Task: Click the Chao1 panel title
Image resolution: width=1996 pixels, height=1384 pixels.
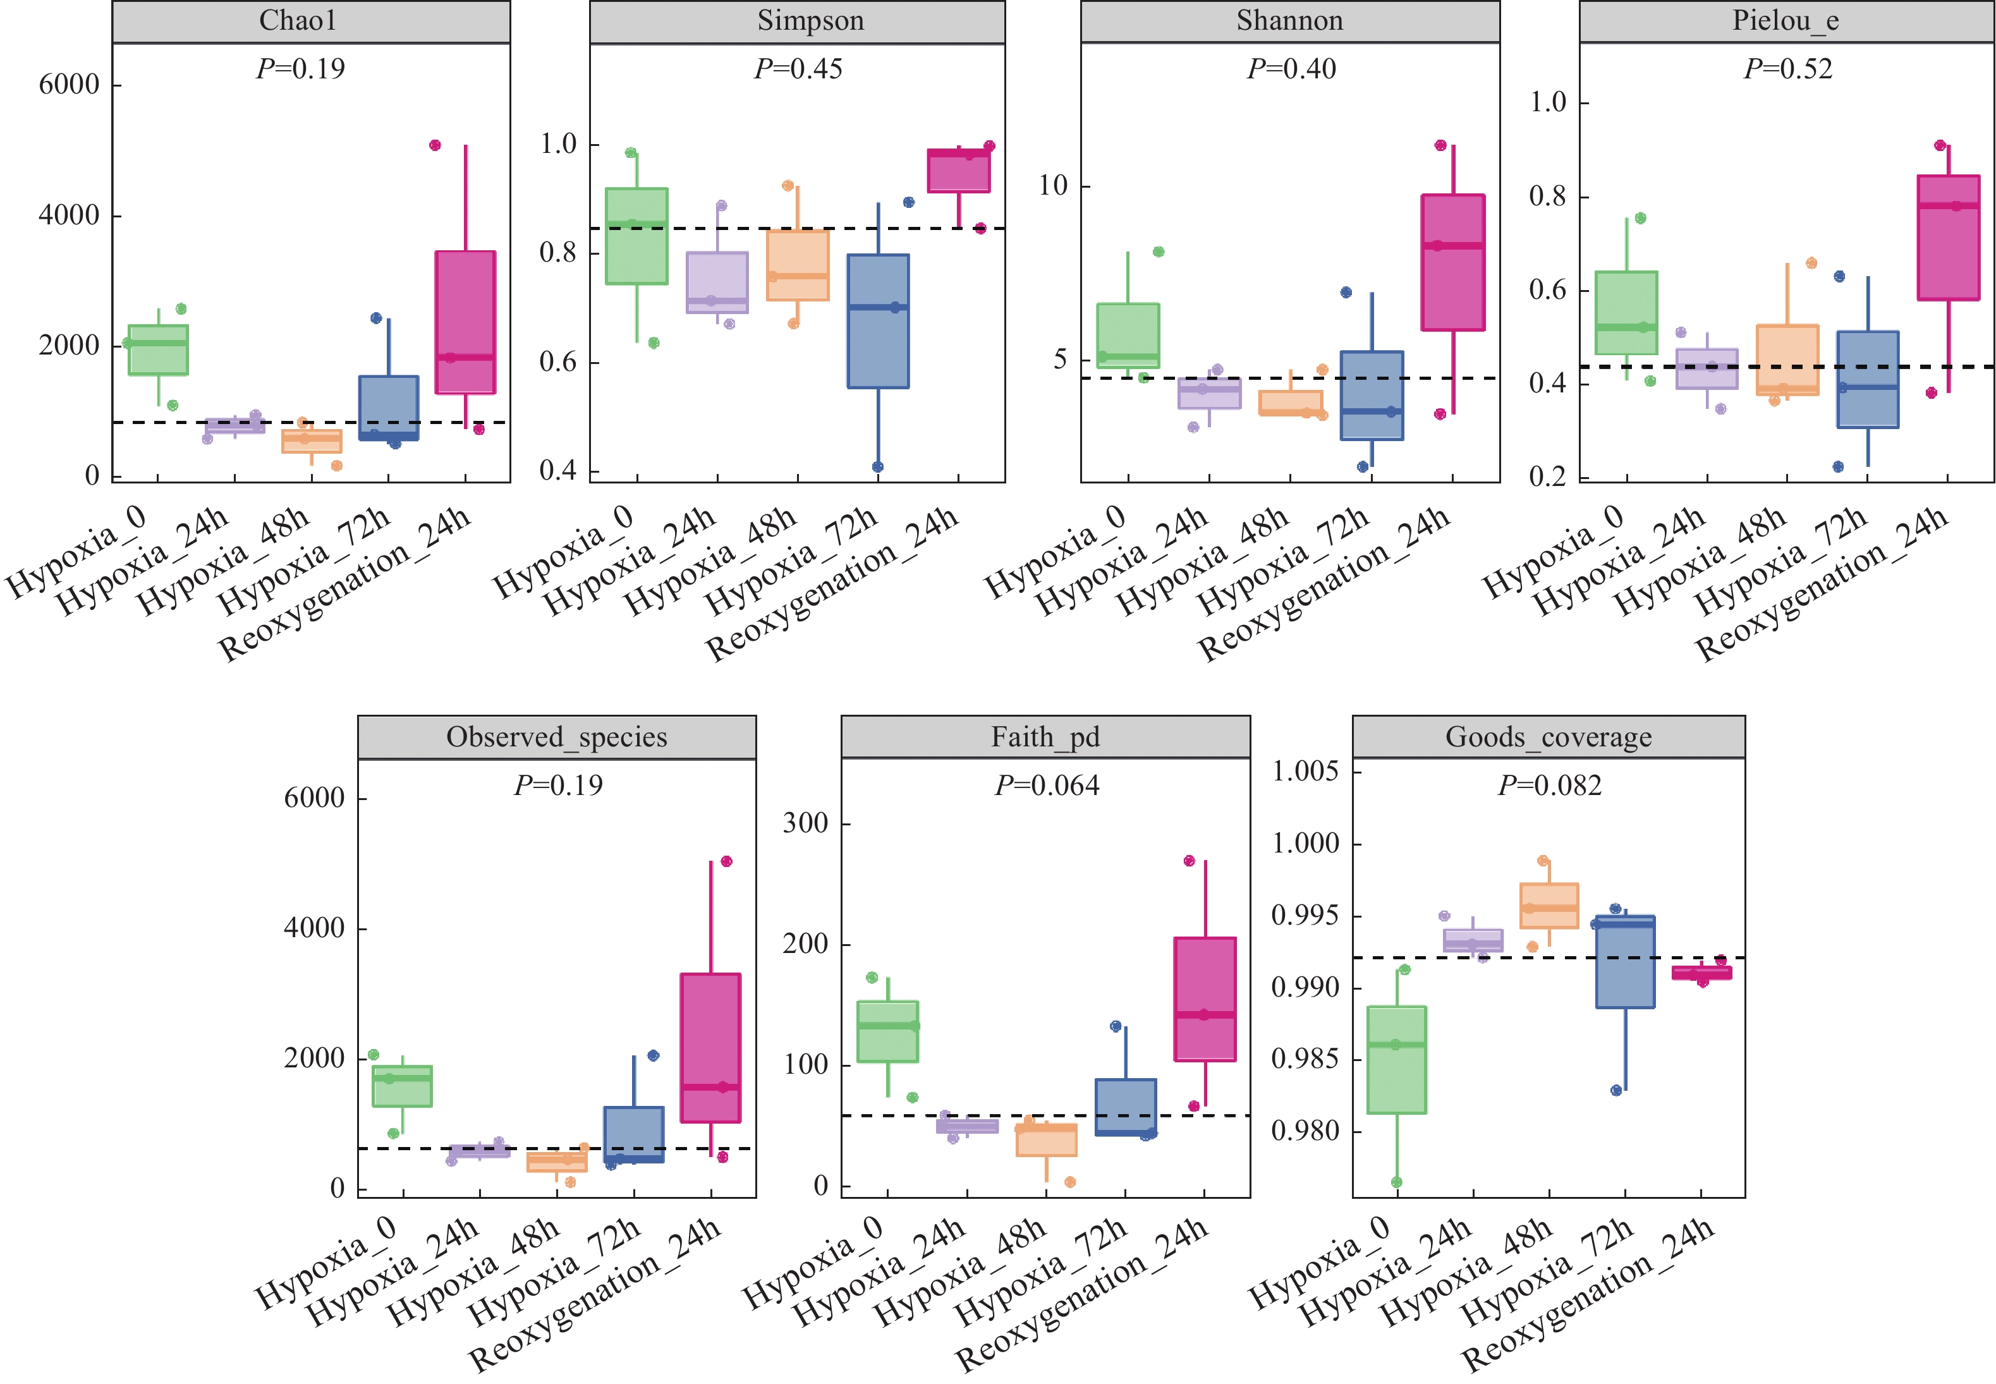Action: pos(298,21)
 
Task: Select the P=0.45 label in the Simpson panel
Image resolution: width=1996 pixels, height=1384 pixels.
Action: pos(798,68)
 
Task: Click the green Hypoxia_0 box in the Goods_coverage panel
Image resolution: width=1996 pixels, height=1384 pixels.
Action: pos(1396,1060)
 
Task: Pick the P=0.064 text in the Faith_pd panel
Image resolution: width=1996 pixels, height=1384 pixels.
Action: pos(1047,786)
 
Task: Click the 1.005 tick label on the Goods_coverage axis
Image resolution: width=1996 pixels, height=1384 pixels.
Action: pos(1305,771)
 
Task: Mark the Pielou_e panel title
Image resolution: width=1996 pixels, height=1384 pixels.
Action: pos(1786,21)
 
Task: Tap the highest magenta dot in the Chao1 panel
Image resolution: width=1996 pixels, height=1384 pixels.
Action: pos(435,145)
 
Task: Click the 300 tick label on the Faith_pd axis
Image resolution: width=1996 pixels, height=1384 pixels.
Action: pos(805,823)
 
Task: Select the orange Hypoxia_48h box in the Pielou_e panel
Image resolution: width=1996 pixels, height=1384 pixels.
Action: pos(1787,360)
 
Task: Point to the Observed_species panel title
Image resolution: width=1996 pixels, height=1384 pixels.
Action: pos(557,737)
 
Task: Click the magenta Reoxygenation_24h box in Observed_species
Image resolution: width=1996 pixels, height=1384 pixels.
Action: pos(710,1048)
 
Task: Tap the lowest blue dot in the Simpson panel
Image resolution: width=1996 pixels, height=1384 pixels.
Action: pos(877,466)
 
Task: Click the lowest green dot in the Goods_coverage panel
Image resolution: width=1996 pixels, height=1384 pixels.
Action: pos(1396,1182)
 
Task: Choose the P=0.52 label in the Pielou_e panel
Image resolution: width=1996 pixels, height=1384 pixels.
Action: pos(1788,68)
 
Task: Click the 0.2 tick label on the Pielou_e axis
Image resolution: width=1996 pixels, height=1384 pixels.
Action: pos(1548,477)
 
